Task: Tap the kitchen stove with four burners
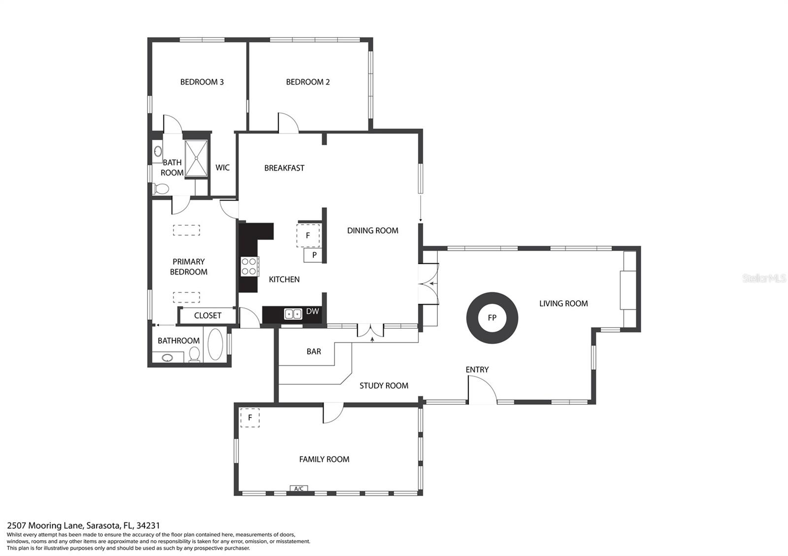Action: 249,267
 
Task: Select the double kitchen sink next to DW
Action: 293,313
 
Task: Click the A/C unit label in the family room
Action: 298,488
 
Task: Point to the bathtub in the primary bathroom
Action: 215,344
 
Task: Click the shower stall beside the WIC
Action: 197,158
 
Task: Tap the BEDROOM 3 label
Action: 202,82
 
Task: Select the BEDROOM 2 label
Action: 308,82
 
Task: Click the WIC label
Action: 222,168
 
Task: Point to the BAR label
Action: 314,351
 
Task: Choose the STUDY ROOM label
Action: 384,386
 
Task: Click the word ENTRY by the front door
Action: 477,370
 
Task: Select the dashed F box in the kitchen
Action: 308,235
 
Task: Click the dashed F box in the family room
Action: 250,418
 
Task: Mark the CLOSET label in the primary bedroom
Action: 207,315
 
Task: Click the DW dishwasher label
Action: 312,311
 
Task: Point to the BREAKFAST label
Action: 284,168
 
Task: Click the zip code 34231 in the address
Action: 148,525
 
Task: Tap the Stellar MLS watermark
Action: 764,278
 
